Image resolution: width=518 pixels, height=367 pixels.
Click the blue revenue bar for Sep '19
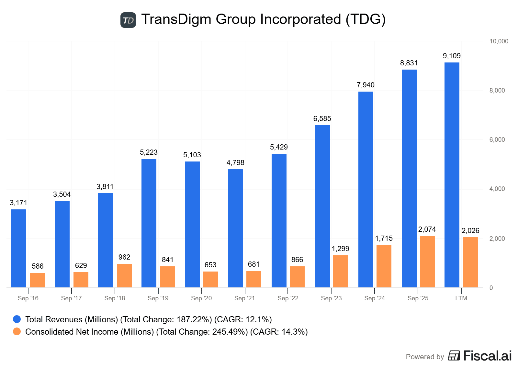click(149, 223)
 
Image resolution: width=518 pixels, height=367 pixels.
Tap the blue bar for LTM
click(452, 175)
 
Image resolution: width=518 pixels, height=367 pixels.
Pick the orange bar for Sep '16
click(38, 280)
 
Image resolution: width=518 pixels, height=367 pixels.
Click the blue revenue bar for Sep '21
click(236, 228)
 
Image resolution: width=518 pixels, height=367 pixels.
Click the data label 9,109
click(452, 56)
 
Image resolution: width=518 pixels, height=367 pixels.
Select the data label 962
click(124, 257)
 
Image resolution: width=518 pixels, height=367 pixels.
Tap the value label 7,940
click(366, 85)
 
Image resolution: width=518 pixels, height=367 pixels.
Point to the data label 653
click(210, 265)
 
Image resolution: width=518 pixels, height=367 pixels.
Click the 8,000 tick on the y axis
click(497, 91)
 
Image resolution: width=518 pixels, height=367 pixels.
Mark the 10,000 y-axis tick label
click(499, 41)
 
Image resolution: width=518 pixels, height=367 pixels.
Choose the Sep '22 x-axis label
click(288, 298)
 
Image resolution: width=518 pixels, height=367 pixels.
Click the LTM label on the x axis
click(461, 298)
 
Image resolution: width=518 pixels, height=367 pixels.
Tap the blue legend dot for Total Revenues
click(17, 319)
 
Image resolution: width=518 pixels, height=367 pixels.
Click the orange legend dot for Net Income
click(17, 331)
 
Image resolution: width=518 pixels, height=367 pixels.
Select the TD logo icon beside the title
click(128, 20)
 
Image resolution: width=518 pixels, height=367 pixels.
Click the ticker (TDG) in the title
click(366, 19)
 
